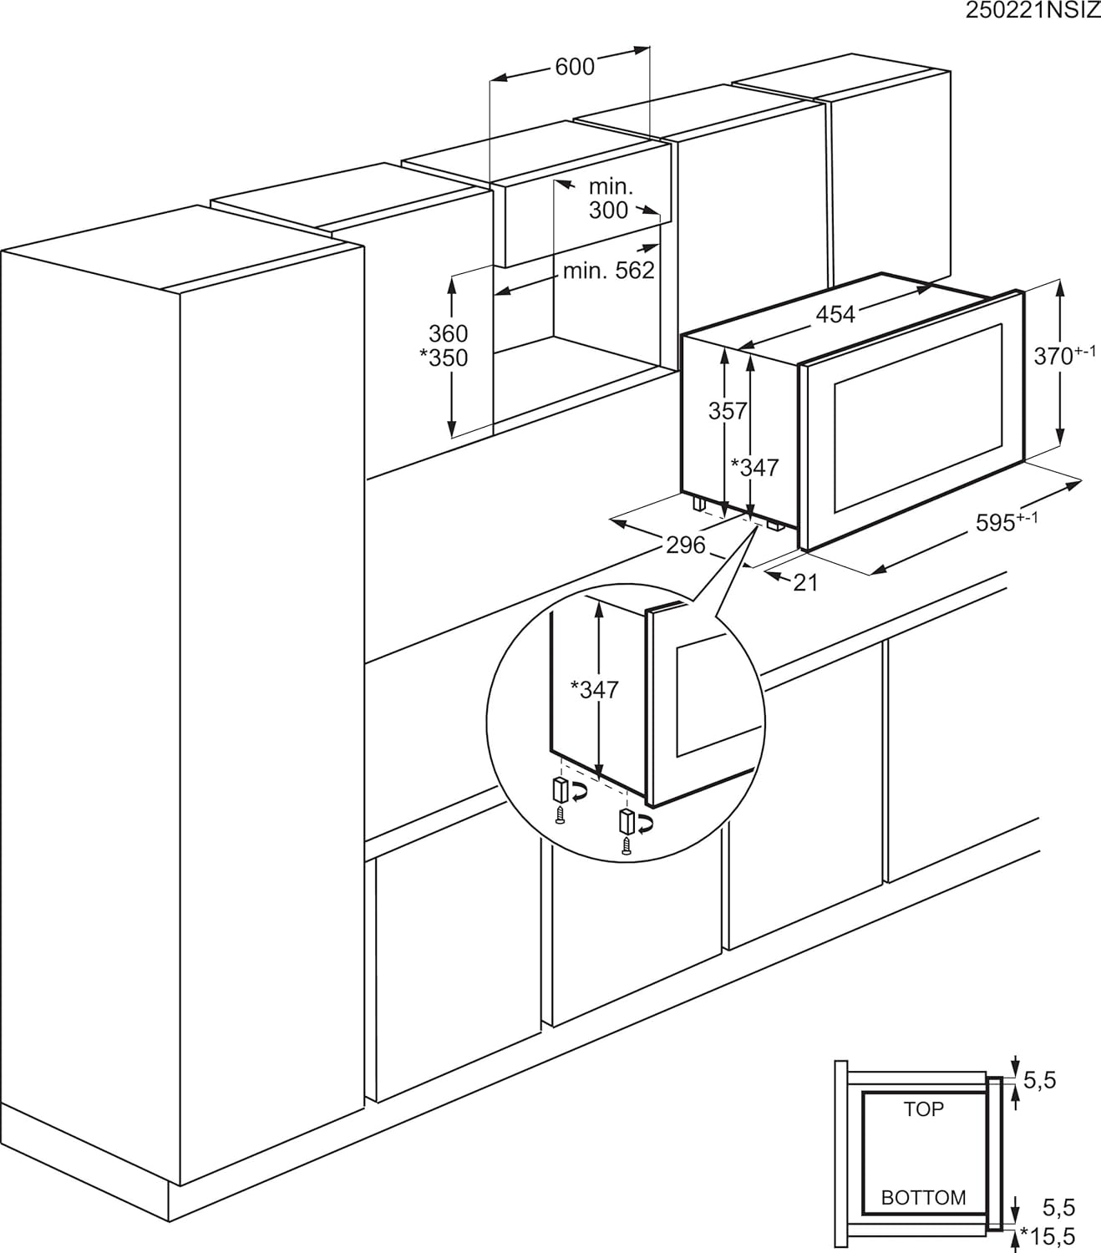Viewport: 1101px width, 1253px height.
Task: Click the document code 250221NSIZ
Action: (1032, 11)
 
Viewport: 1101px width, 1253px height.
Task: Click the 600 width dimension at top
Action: (574, 67)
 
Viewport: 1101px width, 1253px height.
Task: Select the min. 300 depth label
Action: (610, 199)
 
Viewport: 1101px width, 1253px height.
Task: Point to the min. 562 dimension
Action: (608, 271)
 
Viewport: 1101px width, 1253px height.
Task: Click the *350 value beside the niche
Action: (444, 358)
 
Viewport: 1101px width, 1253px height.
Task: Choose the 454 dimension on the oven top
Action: (835, 315)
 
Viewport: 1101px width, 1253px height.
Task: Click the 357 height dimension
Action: (727, 411)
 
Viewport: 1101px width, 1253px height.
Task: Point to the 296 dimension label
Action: (685, 545)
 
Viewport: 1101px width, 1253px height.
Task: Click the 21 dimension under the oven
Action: (804, 583)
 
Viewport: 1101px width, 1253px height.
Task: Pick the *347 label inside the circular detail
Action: (594, 690)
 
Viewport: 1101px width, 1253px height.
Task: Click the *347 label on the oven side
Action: (754, 468)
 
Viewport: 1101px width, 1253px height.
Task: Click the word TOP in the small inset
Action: (923, 1109)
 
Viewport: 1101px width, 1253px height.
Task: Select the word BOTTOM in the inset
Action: (923, 1198)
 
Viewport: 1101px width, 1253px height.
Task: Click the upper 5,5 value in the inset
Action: (1039, 1081)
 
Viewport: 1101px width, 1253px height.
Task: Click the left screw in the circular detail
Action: (561, 817)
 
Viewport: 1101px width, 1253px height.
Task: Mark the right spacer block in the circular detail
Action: (625, 821)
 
